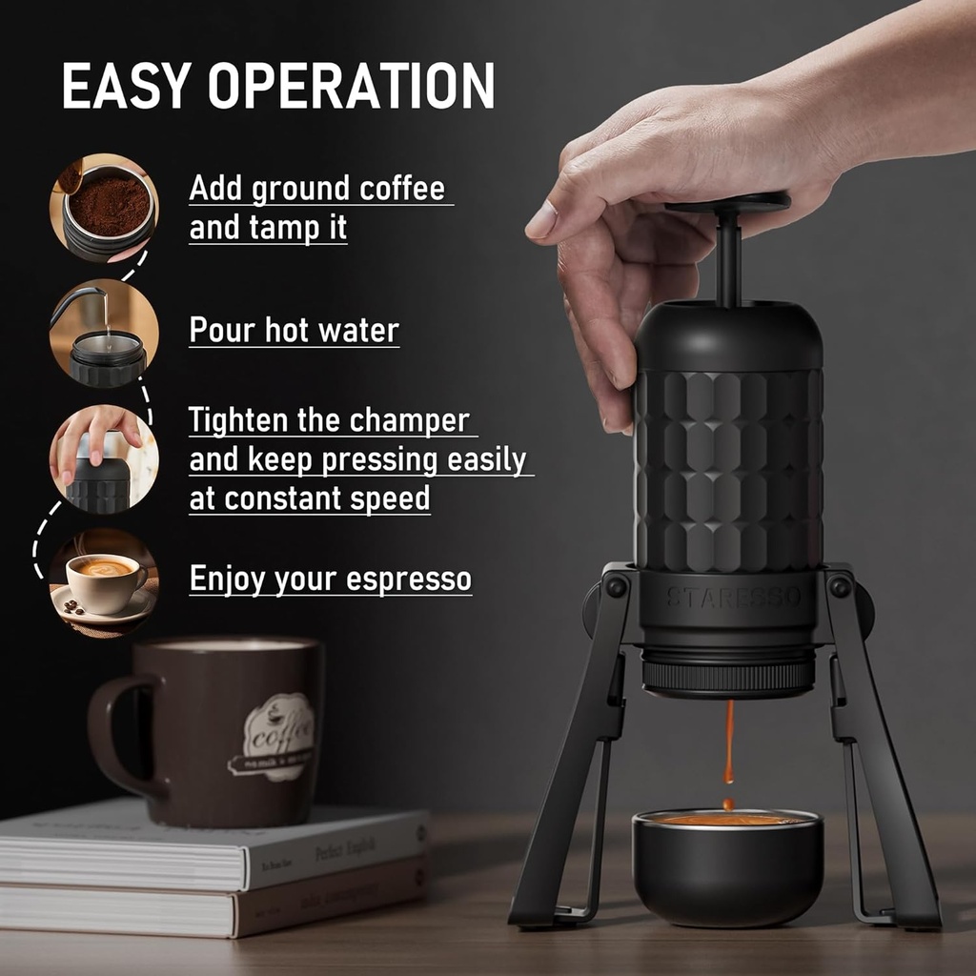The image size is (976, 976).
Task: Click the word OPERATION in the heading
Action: [x=352, y=85]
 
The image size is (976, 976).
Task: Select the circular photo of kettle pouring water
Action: [x=105, y=333]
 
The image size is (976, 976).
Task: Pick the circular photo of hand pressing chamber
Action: [x=105, y=459]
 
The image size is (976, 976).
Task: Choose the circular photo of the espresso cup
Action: [x=105, y=582]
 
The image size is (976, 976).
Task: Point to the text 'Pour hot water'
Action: [x=294, y=331]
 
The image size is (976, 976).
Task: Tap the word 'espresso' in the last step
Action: [x=413, y=579]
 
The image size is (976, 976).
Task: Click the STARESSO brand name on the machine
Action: [x=733, y=599]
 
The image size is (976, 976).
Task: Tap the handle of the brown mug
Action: [x=112, y=734]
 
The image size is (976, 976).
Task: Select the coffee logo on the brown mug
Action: [x=276, y=735]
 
